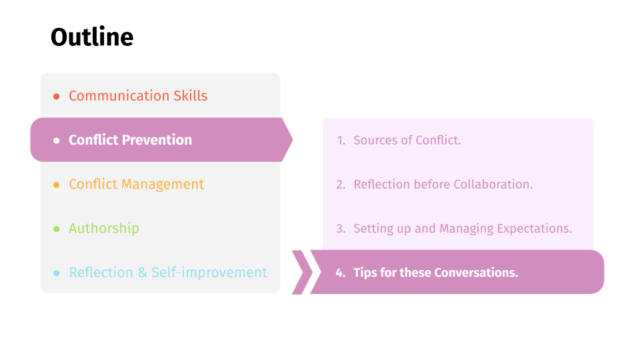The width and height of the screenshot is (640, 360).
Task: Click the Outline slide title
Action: coord(92,37)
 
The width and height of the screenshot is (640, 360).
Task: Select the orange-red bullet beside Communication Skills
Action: coord(56,96)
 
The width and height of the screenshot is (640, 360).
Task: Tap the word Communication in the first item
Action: coord(119,95)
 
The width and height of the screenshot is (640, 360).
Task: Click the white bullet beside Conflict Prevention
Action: coord(56,141)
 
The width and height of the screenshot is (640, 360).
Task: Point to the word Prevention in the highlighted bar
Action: coord(157,140)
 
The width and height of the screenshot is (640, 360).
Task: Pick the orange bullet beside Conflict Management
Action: coord(56,185)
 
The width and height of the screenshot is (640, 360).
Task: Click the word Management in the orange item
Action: coord(163,184)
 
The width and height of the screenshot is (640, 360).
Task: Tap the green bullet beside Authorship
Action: coord(56,229)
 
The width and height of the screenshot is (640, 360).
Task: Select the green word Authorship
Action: coord(104,228)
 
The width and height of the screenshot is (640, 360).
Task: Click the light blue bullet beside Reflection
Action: coord(56,273)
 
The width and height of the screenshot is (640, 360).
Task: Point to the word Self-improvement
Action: coord(209,272)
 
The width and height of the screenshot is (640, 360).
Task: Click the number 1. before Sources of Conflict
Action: coord(341,141)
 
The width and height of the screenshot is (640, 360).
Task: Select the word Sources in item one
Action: coord(375,140)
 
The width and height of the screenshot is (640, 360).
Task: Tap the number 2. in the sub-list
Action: coord(341,185)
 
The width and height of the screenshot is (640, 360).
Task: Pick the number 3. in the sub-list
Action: coord(341,229)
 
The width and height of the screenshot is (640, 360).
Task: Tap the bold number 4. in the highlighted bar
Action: coord(341,273)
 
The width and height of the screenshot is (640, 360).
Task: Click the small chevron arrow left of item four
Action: coord(303,272)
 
